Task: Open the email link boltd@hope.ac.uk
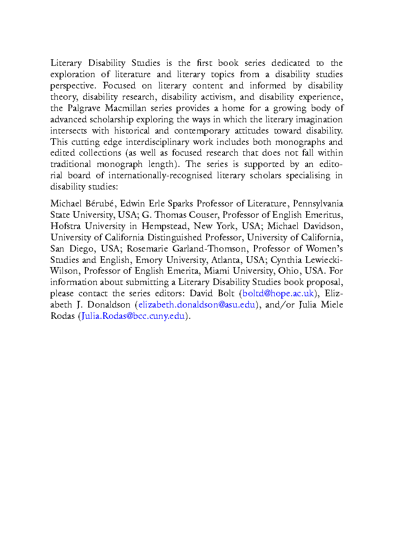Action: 277,293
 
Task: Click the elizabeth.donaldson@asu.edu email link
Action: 196,305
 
